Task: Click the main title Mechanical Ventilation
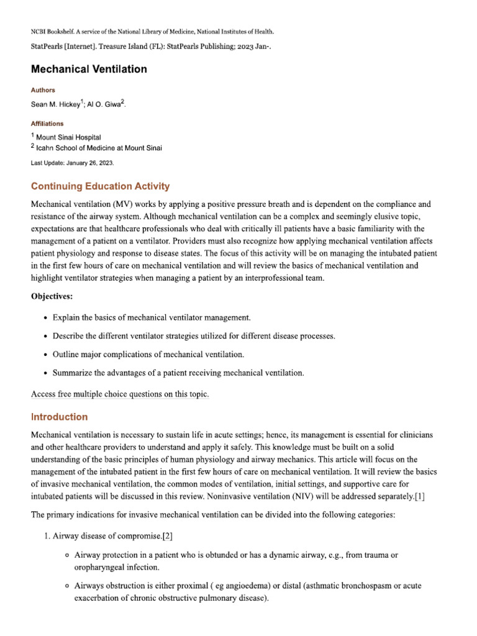point(89,69)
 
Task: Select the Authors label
point(43,90)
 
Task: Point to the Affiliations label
point(47,124)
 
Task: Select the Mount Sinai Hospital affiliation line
point(68,137)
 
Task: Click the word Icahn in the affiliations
point(47,148)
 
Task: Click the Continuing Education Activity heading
point(100,186)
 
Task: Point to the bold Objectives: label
point(52,296)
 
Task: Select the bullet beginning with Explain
point(152,317)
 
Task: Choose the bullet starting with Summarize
point(178,373)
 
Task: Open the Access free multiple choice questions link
point(120,394)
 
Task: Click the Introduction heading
point(59,417)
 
